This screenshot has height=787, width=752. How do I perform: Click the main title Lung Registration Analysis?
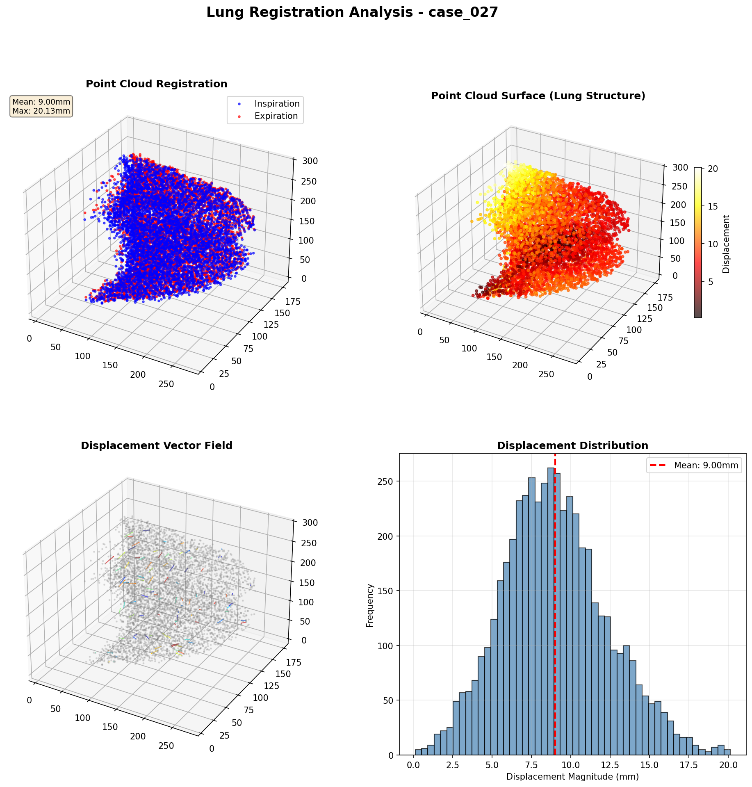[x=352, y=13]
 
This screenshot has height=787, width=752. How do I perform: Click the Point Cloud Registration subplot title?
[x=156, y=84]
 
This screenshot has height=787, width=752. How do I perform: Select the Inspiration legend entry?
[x=277, y=104]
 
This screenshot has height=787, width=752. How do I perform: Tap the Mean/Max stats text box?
[x=41, y=107]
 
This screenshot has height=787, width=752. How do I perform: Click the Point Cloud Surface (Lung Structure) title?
[x=538, y=96]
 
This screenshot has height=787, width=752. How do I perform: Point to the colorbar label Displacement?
[x=726, y=244]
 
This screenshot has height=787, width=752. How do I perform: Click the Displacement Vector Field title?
[x=156, y=446]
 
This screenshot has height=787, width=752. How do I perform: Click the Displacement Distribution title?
[x=572, y=446]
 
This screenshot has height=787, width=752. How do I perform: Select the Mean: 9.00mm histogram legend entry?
[x=705, y=465]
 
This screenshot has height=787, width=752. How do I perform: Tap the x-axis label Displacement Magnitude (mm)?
[x=572, y=777]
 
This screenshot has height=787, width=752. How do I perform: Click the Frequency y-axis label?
[x=370, y=605]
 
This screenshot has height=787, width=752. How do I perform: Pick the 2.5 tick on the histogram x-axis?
[x=452, y=765]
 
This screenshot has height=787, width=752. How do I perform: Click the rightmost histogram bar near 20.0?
[x=727, y=753]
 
